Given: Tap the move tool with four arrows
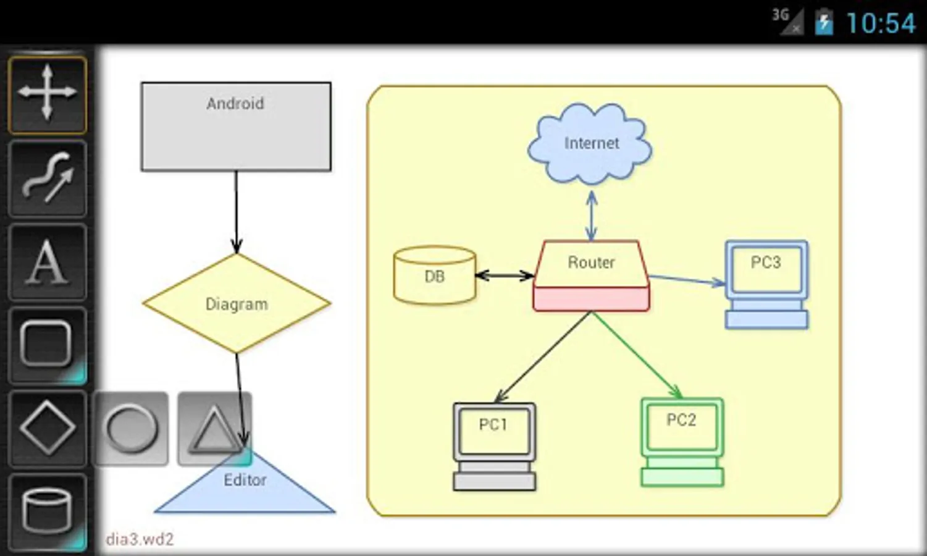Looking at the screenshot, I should (x=47, y=93).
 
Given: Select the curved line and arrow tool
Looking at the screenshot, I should (x=47, y=178).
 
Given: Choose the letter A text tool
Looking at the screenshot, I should (x=47, y=263).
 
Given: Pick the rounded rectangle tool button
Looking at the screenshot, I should (x=47, y=345).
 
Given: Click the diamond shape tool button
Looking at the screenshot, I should (x=47, y=428).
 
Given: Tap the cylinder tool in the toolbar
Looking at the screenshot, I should (x=47, y=512).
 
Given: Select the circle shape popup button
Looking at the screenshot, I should (x=131, y=428).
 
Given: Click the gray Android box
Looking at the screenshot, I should (x=236, y=127).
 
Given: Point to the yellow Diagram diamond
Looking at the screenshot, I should (x=237, y=303).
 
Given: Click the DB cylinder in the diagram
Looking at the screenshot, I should (x=435, y=276).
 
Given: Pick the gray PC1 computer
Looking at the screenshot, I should (x=494, y=446).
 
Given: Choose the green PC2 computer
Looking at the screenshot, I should (x=682, y=441).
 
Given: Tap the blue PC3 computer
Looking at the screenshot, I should (x=766, y=284).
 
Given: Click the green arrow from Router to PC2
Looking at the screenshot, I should (x=636, y=355).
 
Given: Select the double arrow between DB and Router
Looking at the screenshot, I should (x=505, y=276).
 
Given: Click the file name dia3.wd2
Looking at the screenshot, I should (x=140, y=539).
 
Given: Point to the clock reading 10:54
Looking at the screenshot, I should (x=880, y=23).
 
